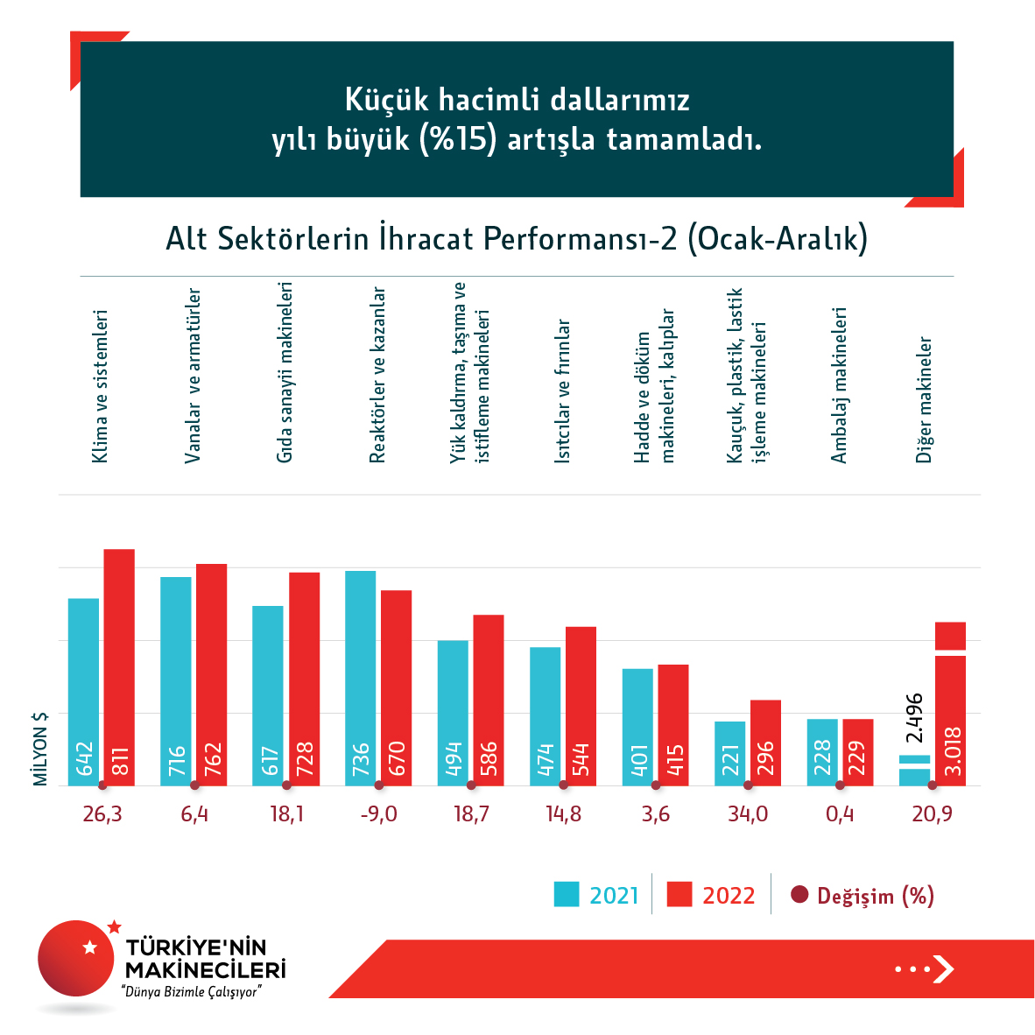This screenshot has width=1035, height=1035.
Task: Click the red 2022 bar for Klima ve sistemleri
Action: (119, 665)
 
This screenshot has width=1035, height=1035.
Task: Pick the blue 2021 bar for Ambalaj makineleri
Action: (822, 751)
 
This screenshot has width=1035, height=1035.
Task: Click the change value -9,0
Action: (378, 814)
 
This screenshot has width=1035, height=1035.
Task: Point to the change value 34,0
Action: (748, 814)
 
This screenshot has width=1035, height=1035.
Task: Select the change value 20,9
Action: (932, 814)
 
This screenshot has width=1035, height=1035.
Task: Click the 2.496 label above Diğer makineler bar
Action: (914, 719)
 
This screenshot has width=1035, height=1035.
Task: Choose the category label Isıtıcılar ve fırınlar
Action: (563, 391)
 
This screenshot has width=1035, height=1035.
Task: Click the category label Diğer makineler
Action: (925, 399)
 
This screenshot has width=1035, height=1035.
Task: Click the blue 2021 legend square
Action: (567, 894)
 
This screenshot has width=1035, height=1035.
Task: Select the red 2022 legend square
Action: (679, 894)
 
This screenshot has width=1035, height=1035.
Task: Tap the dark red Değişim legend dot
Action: (799, 895)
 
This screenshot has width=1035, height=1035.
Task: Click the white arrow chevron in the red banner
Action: (943, 968)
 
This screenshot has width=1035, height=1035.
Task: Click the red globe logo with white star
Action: (77, 958)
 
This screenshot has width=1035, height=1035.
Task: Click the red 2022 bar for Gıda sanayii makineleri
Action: (304, 679)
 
